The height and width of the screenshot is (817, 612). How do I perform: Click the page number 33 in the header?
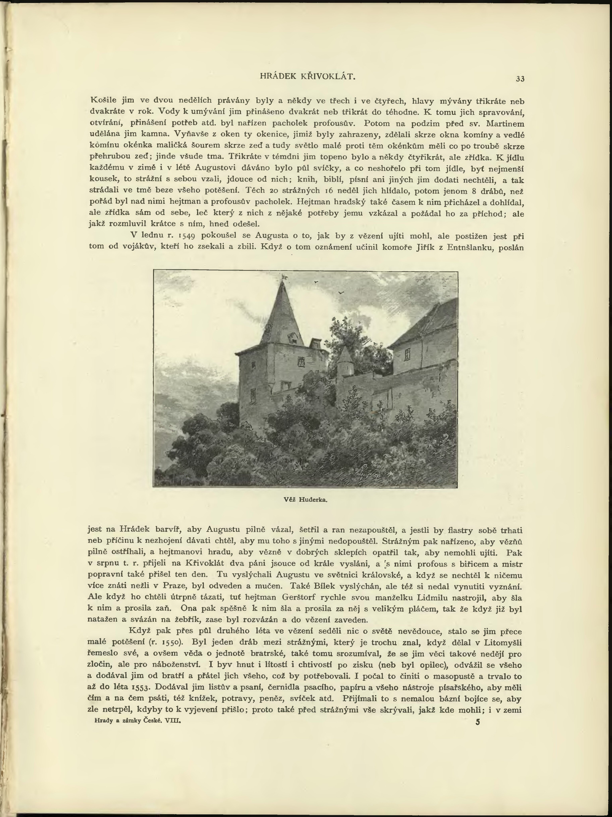point(520,79)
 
